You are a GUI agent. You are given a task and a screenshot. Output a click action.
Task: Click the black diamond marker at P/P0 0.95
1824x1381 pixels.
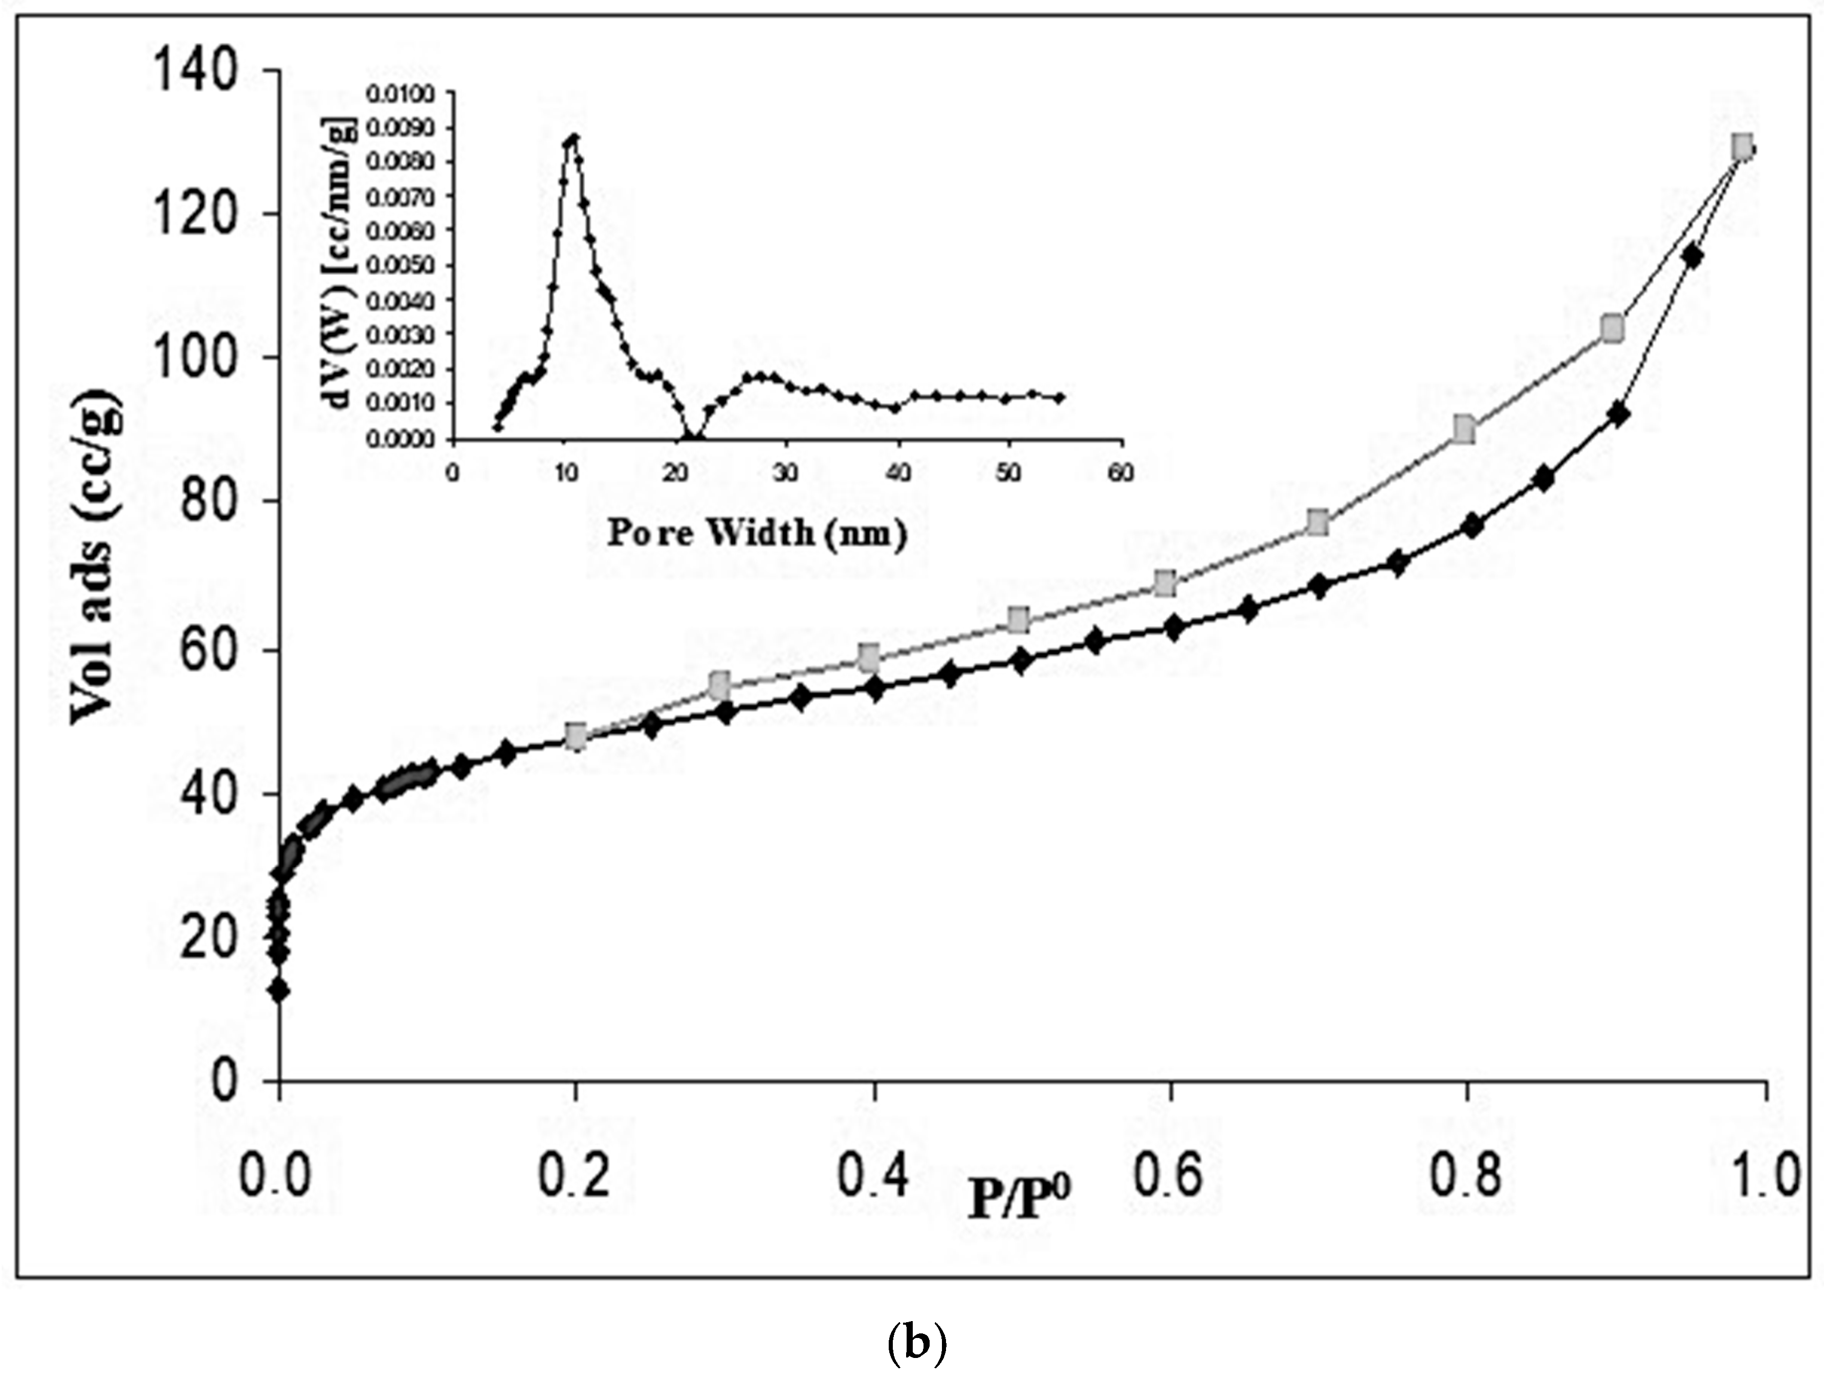(1692, 257)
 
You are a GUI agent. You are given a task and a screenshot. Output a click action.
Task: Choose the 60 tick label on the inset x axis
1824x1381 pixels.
(1120, 474)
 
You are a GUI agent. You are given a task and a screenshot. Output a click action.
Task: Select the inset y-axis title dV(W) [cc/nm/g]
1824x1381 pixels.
(338, 266)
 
